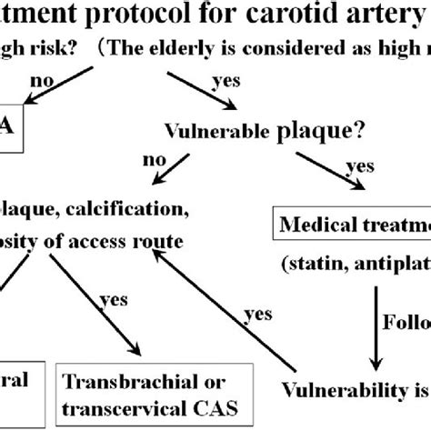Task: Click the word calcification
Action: [135, 211]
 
